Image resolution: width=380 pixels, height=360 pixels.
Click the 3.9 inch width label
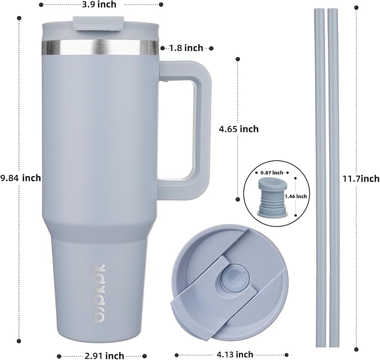click(98, 5)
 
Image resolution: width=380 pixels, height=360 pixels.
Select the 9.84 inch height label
click(20, 178)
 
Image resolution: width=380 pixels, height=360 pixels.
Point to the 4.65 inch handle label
click(238, 129)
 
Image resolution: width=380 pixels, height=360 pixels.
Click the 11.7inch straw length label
click(361, 179)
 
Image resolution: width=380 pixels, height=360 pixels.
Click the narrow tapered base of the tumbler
click(101, 291)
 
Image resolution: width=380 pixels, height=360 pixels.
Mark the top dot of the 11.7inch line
click(356, 7)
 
